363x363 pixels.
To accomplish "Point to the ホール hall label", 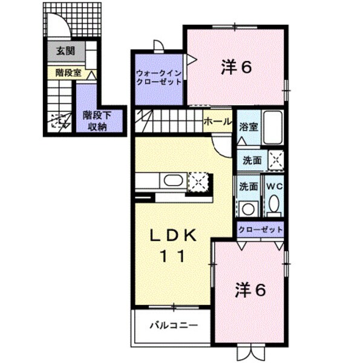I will pyautogui.click(x=218, y=122).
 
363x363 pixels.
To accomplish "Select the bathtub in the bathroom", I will pyautogui.click(x=273, y=128).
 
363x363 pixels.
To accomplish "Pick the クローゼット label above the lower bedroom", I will pyautogui.click(x=260, y=230).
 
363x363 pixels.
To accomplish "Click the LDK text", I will pyautogui.click(x=171, y=237).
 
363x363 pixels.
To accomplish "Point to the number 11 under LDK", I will pyautogui.click(x=172, y=257).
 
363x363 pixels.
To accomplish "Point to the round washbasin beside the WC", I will pyautogui.click(x=247, y=209).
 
